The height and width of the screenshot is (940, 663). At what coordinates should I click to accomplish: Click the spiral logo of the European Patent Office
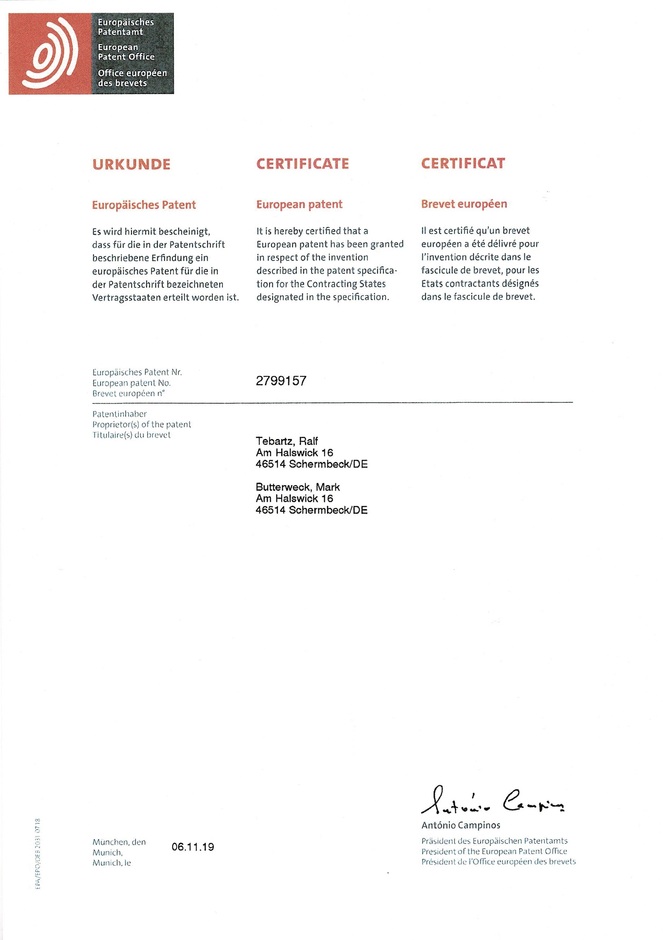(x=50, y=54)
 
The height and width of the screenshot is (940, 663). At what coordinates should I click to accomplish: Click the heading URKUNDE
(x=131, y=165)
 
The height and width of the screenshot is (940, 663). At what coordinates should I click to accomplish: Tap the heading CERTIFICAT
(x=463, y=163)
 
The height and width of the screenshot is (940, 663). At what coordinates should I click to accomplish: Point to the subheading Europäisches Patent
(x=144, y=205)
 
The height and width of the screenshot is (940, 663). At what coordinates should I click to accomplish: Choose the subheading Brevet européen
(x=464, y=204)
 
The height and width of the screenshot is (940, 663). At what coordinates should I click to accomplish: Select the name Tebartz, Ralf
(x=287, y=441)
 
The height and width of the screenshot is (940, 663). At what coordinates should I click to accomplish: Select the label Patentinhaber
(x=119, y=414)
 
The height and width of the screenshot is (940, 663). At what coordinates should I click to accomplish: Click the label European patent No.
(x=131, y=383)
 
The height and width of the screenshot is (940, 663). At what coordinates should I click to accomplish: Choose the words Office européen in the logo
(x=132, y=73)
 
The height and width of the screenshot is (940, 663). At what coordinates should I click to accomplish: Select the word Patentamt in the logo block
(x=120, y=32)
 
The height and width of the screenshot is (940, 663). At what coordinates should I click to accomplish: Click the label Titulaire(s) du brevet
(x=131, y=435)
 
